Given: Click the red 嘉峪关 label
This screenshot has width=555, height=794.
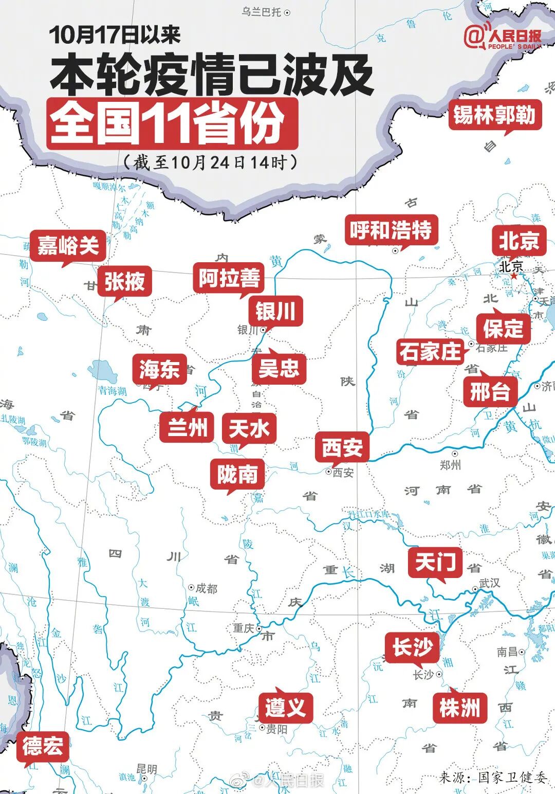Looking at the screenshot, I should tap(68, 245).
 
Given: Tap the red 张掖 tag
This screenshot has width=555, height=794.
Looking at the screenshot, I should tap(124, 281).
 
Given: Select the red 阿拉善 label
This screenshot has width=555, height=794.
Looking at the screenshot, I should tap(229, 278).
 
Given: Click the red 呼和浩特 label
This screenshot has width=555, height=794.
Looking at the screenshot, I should tap(391, 230).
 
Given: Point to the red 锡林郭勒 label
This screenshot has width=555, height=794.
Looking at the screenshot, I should tap(494, 115).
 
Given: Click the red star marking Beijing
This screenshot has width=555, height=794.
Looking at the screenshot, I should tap(513, 276).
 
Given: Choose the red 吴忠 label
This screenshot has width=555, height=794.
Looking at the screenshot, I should tap(279, 368).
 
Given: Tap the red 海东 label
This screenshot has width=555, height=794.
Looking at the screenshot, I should tap(159, 369).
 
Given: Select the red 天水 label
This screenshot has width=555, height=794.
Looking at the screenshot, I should tap(249, 428).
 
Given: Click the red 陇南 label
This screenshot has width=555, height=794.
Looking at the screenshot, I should tap(237, 474).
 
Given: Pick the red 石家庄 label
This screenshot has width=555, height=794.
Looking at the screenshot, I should tap(430, 352).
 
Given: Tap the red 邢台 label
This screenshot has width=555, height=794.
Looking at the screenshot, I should tap(490, 392).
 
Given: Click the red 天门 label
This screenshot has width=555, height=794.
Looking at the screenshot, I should tap(435, 562).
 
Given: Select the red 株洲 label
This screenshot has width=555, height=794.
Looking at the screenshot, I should tap(459, 708).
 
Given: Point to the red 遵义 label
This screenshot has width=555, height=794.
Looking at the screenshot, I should tap(285, 708).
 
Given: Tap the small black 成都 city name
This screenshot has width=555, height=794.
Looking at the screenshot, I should tap(207, 588).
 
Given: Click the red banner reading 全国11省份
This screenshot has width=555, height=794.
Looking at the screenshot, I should tap(172, 124).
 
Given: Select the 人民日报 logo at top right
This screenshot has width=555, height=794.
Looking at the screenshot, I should tap(503, 38).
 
